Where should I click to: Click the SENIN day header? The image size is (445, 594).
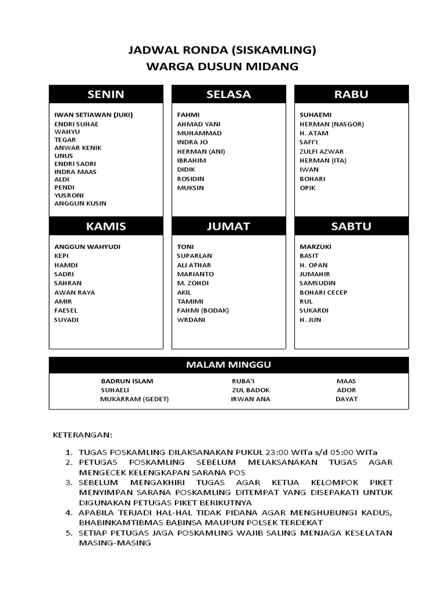pyautogui.click(x=106, y=95)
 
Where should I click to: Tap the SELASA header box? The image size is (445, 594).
pyautogui.click(x=228, y=95)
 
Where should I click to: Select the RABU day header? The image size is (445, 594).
pyautogui.click(x=351, y=95)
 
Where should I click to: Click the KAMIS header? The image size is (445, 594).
pyautogui.click(x=106, y=226)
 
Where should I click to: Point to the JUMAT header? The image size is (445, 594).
pyautogui.click(x=228, y=226)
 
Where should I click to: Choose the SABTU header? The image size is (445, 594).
pyautogui.click(x=351, y=226)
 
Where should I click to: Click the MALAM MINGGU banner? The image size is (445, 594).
pyautogui.click(x=228, y=365)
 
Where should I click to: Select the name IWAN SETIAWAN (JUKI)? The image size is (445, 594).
pyautogui.click(x=93, y=115)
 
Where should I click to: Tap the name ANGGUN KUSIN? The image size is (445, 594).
pyautogui.click(x=80, y=204)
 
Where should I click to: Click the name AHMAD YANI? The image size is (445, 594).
pyautogui.click(x=199, y=124)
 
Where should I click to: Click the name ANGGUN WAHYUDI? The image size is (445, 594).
pyautogui.click(x=87, y=247)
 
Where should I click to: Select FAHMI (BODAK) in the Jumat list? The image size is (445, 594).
pyautogui.click(x=203, y=310)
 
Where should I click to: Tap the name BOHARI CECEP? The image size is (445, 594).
pyautogui.click(x=323, y=292)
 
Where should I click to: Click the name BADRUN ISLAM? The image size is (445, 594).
pyautogui.click(x=127, y=381)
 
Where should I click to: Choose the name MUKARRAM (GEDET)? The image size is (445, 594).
pyautogui.click(x=134, y=399)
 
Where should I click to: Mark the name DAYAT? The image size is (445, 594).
pyautogui.click(x=346, y=399)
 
